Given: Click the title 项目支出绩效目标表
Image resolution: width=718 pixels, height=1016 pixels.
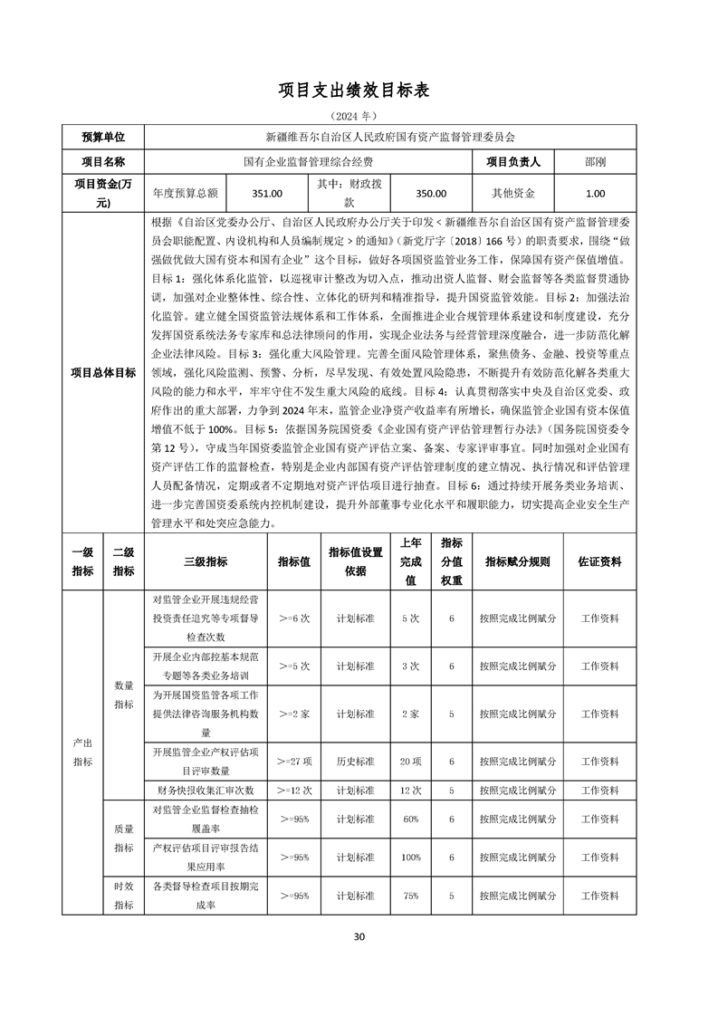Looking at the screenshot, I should click(x=359, y=91).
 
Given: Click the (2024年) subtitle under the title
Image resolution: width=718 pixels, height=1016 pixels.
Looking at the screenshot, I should click(x=359, y=117).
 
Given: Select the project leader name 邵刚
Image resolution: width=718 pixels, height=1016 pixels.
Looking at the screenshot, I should click(x=596, y=162).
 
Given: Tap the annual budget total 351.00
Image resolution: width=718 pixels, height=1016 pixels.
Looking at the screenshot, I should click(x=267, y=193).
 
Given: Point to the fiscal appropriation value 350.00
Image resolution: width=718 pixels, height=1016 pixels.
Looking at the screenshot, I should click(x=430, y=193).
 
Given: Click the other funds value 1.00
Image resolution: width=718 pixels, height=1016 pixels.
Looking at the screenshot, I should click(x=596, y=193).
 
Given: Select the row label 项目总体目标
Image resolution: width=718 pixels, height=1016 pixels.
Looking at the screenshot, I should click(x=102, y=372).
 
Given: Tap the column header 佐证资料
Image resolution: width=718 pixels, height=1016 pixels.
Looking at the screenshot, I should click(x=599, y=561).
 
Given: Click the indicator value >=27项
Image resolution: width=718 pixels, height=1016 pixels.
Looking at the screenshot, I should click(x=295, y=762).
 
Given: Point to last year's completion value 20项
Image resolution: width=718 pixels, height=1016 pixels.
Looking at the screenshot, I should click(x=411, y=762).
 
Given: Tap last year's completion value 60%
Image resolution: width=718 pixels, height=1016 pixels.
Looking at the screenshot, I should click(x=411, y=819).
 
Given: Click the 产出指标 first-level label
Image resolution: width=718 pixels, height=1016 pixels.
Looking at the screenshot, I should click(x=82, y=752).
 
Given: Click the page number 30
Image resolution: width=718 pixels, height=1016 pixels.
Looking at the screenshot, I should click(x=359, y=936).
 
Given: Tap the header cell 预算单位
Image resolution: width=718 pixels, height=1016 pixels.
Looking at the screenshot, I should click(x=102, y=137).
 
